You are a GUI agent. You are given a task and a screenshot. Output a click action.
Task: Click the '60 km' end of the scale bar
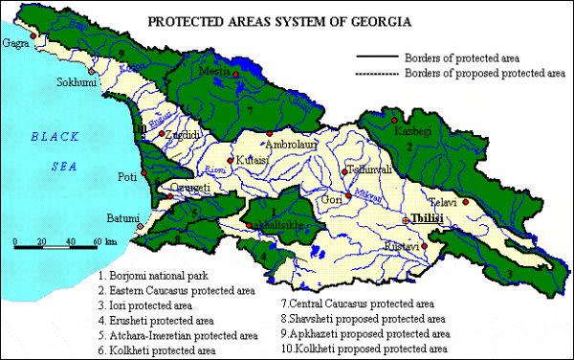[103, 240]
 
